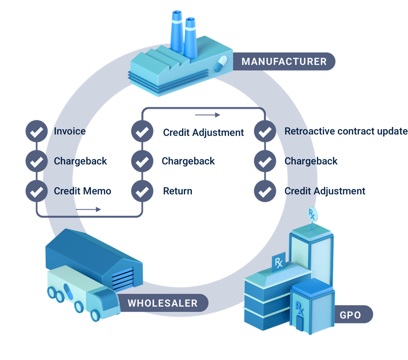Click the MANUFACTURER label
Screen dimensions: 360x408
pyautogui.click(x=284, y=61)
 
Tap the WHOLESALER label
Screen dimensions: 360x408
pyautogui.click(x=162, y=303)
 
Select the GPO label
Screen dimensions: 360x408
pyautogui.click(x=350, y=314)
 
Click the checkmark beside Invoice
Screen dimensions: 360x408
pyautogui.click(x=36, y=131)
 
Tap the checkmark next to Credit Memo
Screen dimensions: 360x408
pyautogui.click(x=36, y=191)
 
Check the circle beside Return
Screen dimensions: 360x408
pyautogui.click(x=142, y=191)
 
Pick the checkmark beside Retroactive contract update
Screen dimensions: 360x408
pyautogui.click(x=265, y=131)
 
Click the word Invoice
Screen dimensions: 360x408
pyautogui.click(x=70, y=131)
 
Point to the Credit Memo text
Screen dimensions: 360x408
pyautogui.click(x=82, y=191)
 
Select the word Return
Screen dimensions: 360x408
pyautogui.click(x=177, y=191)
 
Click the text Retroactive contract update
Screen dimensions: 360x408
pyautogui.click(x=346, y=131)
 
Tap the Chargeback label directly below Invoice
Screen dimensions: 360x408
pyautogui.click(x=80, y=161)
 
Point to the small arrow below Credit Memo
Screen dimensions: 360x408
pyautogui.click(x=89, y=209)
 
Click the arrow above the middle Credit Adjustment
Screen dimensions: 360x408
pyautogui.click(x=207, y=115)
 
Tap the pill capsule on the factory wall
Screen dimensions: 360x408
pyautogui.click(x=220, y=64)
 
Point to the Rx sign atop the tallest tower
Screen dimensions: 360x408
pyautogui.click(x=312, y=214)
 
